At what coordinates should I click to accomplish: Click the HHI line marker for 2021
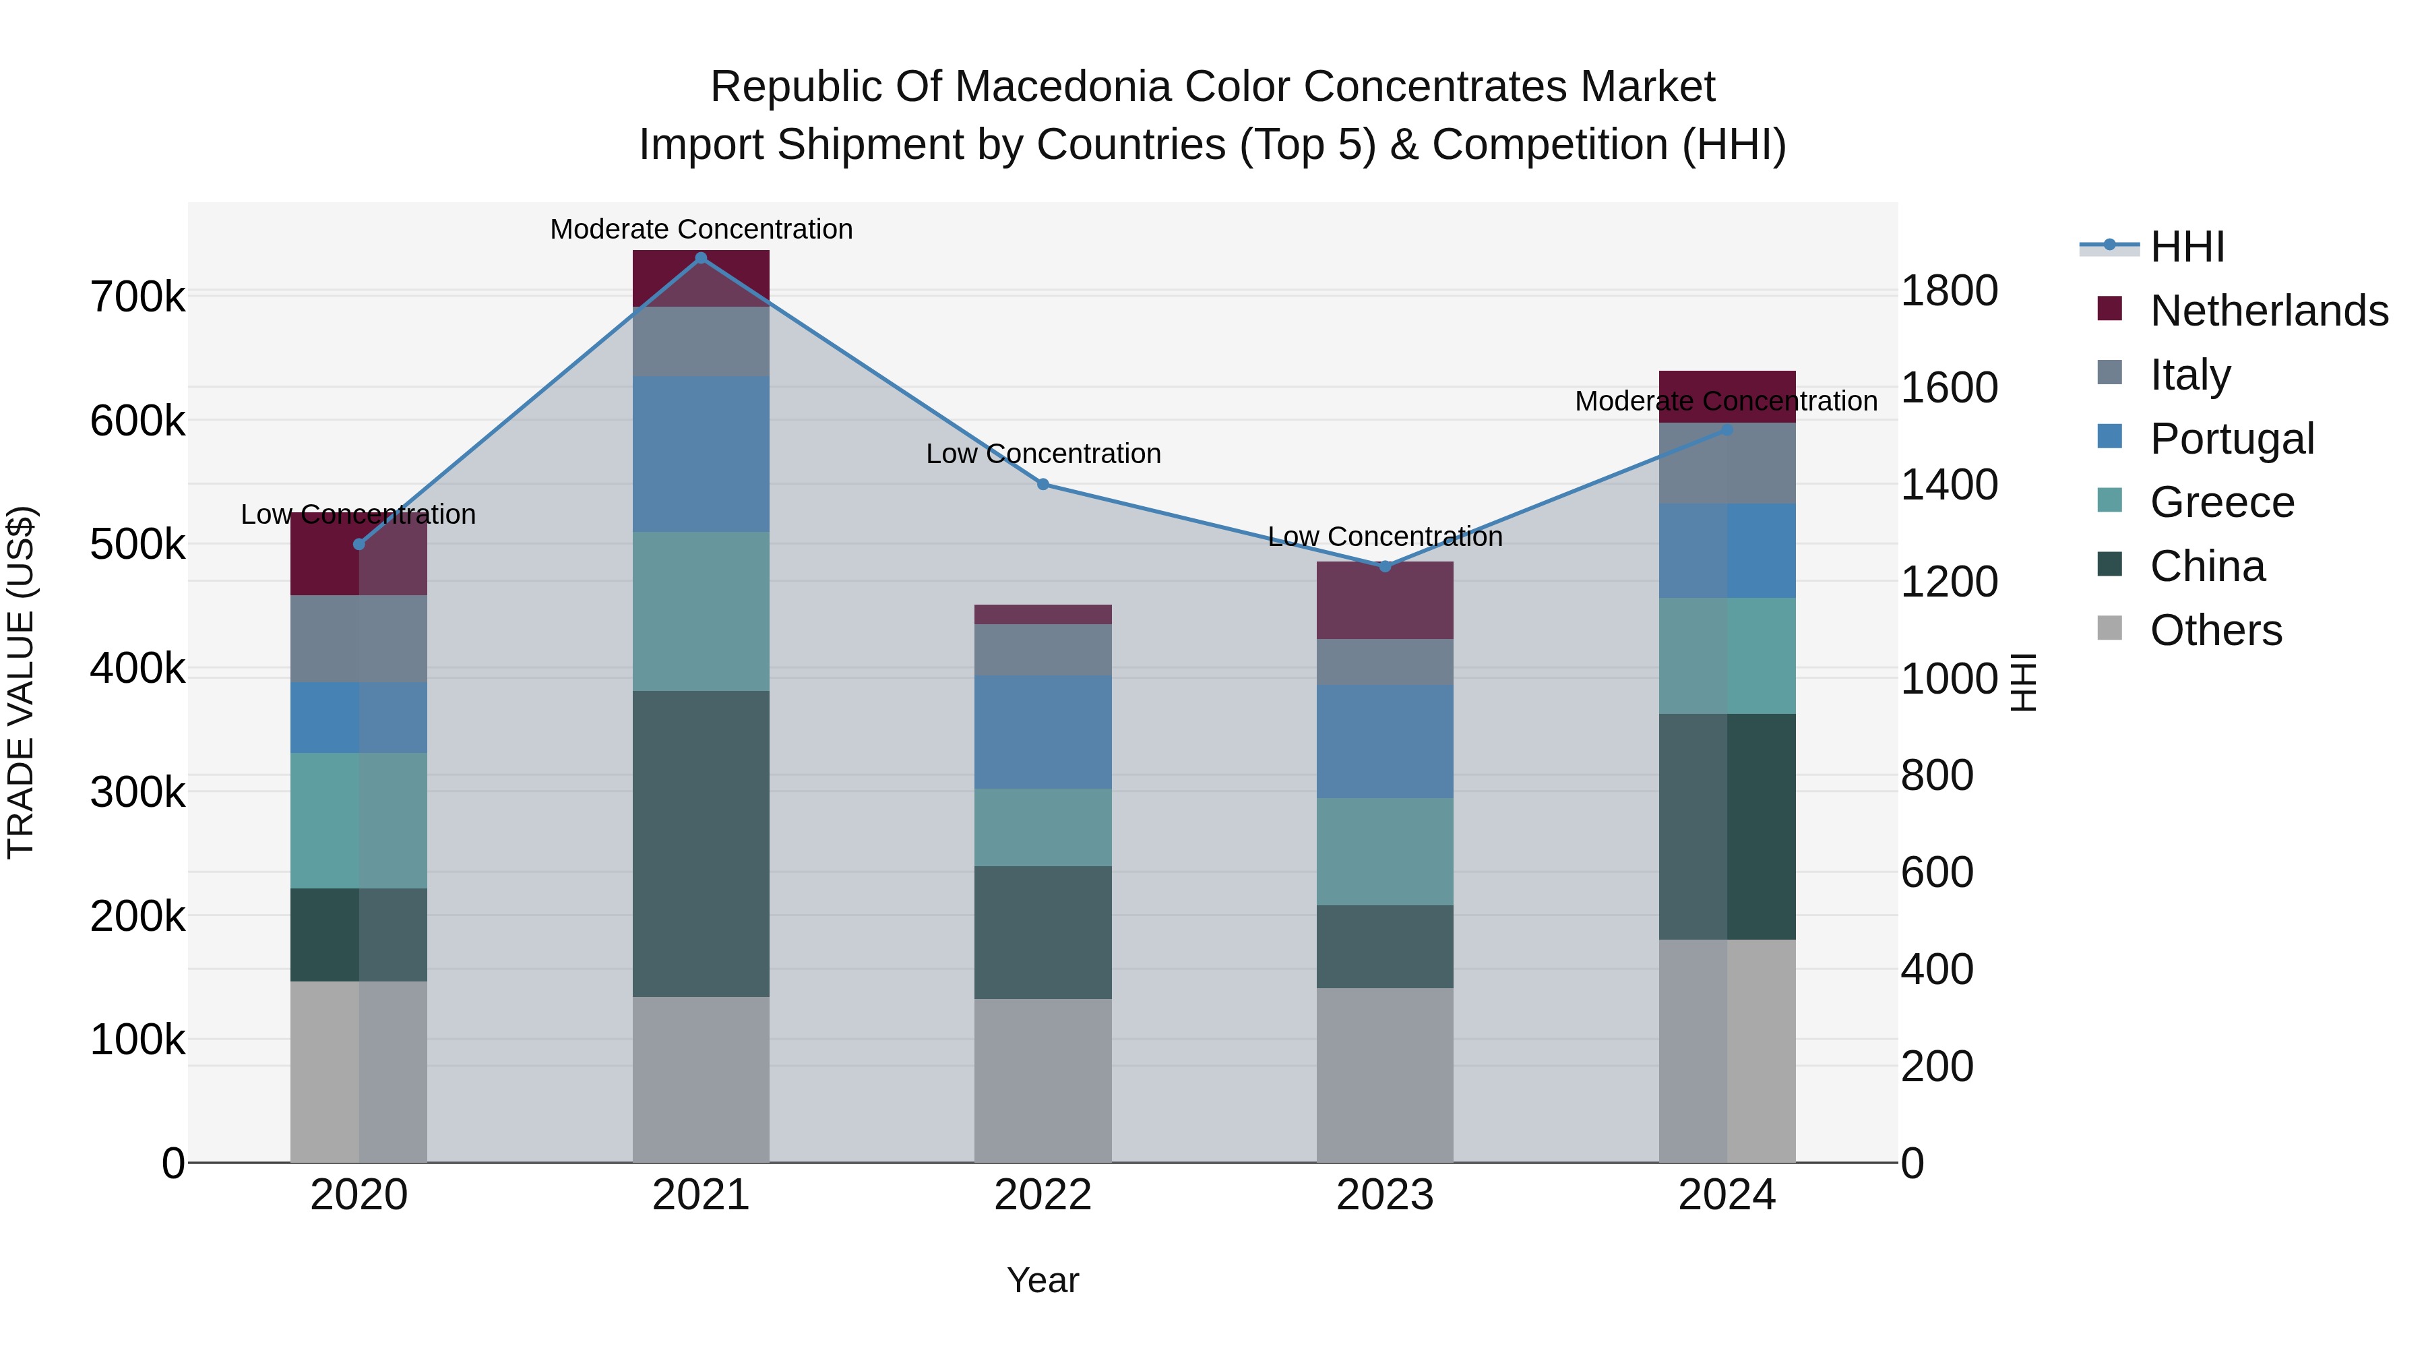pos(701,258)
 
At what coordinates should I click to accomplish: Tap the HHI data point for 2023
pos(1384,566)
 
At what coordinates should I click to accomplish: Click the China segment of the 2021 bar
pos(701,843)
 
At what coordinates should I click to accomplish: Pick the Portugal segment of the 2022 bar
pos(1043,732)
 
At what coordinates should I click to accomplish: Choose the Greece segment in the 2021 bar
pos(701,611)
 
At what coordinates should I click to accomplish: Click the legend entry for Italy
pos(2189,374)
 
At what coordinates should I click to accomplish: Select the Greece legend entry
pos(2222,502)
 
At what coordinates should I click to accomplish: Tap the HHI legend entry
pos(2187,247)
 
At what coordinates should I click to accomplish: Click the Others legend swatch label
pos(2215,630)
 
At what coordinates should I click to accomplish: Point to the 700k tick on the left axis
pos(137,298)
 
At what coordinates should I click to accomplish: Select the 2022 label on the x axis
pos(1043,1195)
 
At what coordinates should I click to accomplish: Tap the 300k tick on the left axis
pos(137,792)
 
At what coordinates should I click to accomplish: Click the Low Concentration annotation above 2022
pos(1043,454)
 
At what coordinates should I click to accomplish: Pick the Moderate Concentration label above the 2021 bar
pos(701,229)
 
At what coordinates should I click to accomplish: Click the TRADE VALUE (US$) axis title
pos(21,682)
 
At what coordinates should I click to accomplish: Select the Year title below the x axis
pos(1043,1280)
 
